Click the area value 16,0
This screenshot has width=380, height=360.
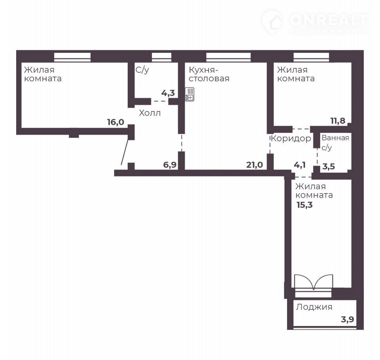point(116,122)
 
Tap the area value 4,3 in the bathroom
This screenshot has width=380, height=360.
point(168,93)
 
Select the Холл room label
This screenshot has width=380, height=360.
point(150,113)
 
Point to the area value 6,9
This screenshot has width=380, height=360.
point(170,165)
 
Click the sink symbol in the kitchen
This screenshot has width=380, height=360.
point(190,94)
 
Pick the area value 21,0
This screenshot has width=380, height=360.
point(255,165)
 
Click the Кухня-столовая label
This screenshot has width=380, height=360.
point(209,74)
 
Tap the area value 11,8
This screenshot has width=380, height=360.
point(338,121)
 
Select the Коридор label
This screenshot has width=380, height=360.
point(291,138)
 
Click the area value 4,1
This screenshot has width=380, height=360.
point(300,165)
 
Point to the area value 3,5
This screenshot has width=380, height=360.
point(329,167)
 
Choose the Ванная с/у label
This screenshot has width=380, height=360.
point(335,142)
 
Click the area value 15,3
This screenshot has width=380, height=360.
point(305,205)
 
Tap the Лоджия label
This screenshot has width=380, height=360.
point(314,307)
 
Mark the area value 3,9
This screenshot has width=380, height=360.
point(348,320)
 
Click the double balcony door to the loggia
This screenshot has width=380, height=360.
point(313,282)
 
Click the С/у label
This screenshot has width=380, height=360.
point(142,70)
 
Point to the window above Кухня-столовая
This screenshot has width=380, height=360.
point(228,56)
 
